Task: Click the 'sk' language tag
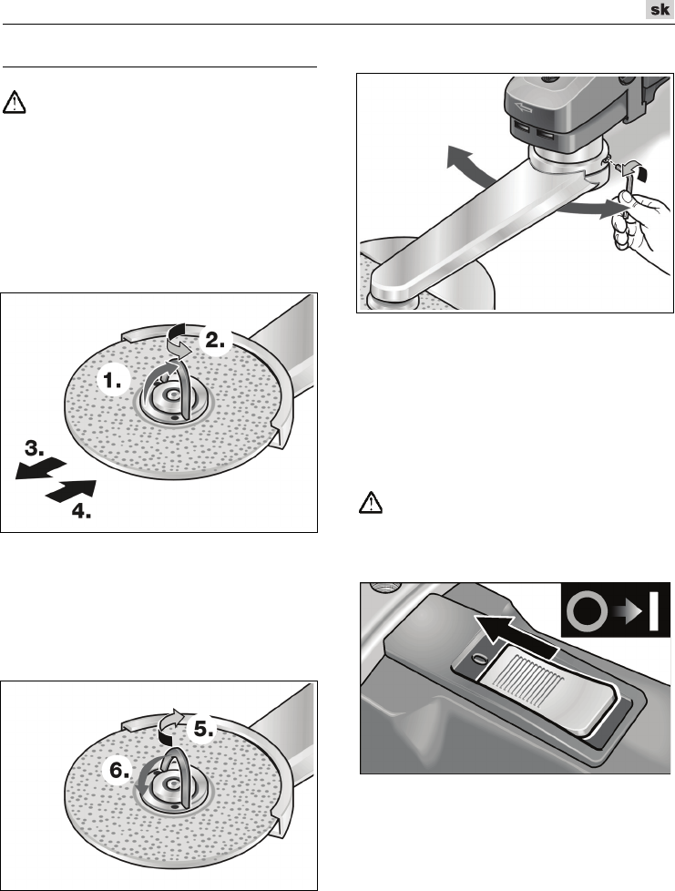[660, 10]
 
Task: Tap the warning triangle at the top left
[15, 102]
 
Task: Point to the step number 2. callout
[215, 340]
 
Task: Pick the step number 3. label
[35, 449]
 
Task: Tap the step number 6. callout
[120, 770]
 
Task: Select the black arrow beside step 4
[70, 491]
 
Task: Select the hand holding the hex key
[639, 225]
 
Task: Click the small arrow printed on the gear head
[522, 106]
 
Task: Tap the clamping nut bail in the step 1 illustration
[169, 392]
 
